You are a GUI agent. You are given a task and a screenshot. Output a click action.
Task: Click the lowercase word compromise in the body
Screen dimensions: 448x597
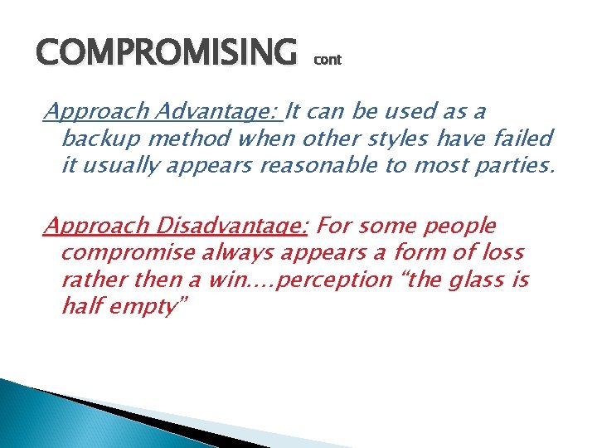(x=127, y=253)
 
